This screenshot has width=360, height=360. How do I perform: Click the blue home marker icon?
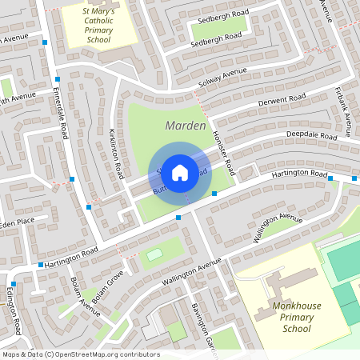coord(180,172)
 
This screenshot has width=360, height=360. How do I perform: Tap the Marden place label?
coord(186,126)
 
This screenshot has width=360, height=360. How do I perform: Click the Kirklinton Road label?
coord(116,154)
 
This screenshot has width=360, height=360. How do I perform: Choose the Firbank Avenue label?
coord(342,107)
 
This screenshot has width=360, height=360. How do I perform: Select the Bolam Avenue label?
coord(85,297)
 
